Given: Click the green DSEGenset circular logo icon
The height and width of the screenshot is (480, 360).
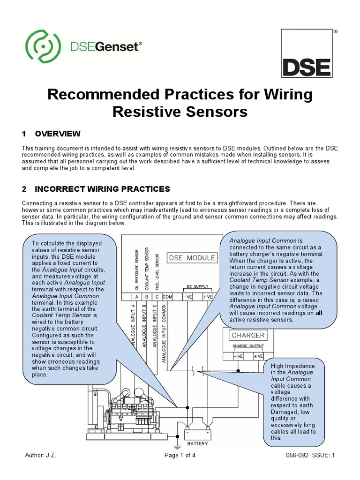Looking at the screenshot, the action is click(41, 47).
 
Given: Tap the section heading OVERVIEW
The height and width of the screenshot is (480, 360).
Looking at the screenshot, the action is click(58, 134).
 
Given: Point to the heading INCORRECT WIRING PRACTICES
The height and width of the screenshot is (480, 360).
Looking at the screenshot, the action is click(102, 189).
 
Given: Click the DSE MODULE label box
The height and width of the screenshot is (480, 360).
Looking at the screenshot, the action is click(192, 257).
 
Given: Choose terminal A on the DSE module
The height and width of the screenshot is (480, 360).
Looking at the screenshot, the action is click(136, 297).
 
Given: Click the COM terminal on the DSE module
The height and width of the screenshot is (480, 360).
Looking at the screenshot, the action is click(168, 297).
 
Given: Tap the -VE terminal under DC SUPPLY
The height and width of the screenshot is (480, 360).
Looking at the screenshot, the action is click(187, 297).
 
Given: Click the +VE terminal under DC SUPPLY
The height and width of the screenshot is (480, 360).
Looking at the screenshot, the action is click(207, 297).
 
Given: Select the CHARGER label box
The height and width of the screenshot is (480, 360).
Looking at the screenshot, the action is click(248, 335).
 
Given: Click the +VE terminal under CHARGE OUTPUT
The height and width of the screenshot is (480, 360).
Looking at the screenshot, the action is click(258, 356).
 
